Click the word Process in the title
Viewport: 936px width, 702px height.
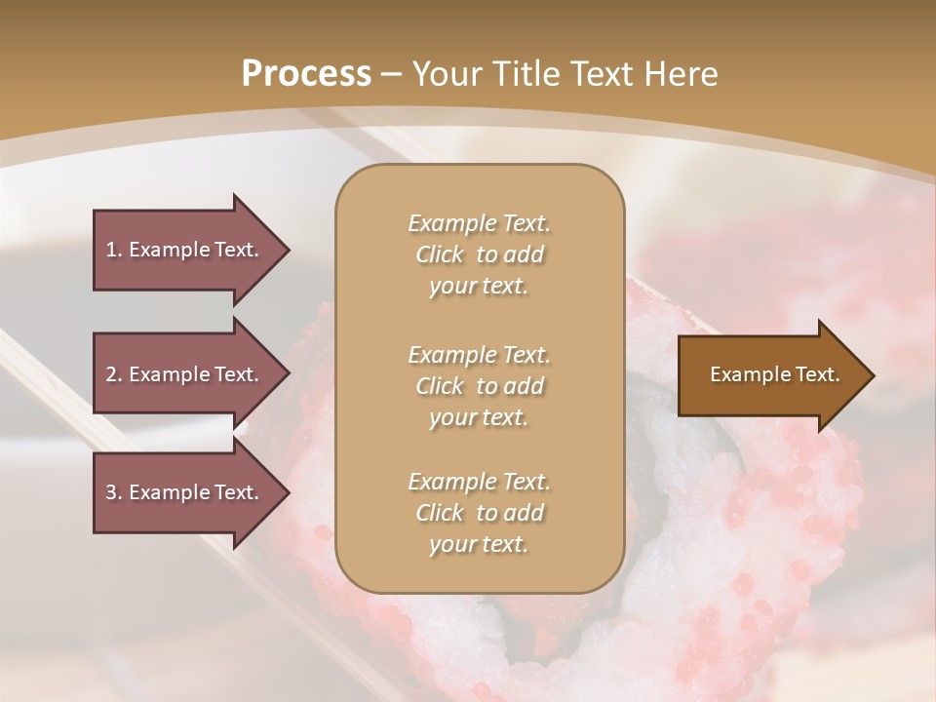click(x=306, y=74)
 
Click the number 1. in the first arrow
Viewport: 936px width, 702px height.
click(x=114, y=250)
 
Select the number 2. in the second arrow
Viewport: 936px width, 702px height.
click(x=114, y=374)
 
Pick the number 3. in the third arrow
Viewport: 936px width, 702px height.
click(x=114, y=492)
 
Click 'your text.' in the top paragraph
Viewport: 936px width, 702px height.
click(x=479, y=287)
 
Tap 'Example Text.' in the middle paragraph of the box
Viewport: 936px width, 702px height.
click(x=479, y=355)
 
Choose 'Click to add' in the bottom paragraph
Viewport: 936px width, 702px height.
click(x=479, y=513)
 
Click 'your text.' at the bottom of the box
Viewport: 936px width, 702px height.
click(x=479, y=545)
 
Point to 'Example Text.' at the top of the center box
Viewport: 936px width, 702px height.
click(x=479, y=223)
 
